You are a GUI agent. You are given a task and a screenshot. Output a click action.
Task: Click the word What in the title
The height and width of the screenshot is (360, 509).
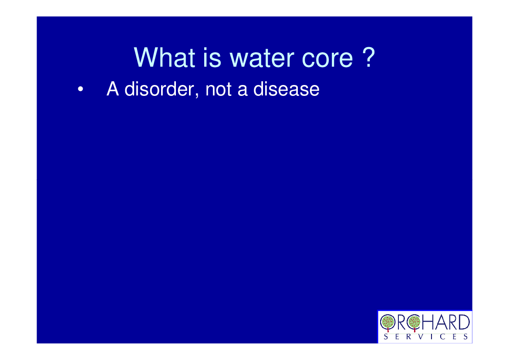click(165, 58)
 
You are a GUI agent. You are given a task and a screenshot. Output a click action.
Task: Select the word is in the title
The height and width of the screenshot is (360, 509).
click(212, 58)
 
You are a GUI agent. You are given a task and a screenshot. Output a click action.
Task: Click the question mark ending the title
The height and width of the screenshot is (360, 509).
click(369, 57)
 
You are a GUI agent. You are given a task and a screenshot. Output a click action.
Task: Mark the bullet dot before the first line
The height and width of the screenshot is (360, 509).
click(81, 89)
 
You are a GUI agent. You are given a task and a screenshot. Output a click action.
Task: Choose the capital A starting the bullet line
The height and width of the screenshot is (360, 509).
click(113, 89)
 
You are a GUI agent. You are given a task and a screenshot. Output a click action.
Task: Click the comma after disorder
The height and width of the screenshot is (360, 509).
click(197, 95)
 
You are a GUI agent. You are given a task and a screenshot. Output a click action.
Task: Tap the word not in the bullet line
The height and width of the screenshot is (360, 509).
click(219, 89)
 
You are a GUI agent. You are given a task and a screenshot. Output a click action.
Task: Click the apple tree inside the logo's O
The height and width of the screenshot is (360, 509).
click(387, 322)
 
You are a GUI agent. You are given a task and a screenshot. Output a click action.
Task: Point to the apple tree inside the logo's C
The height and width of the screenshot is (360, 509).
click(414, 322)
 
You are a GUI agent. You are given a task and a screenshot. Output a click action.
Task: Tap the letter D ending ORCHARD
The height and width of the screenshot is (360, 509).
click(464, 322)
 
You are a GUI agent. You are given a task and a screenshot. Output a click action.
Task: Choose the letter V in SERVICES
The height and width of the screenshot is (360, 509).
click(421, 336)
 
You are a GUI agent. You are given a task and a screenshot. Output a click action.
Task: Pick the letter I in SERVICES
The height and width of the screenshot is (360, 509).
click(432, 336)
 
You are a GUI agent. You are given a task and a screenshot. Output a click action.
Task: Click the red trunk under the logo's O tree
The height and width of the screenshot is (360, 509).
click(388, 330)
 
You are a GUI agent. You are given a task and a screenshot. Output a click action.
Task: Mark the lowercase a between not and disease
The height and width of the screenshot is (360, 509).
click(242, 91)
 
